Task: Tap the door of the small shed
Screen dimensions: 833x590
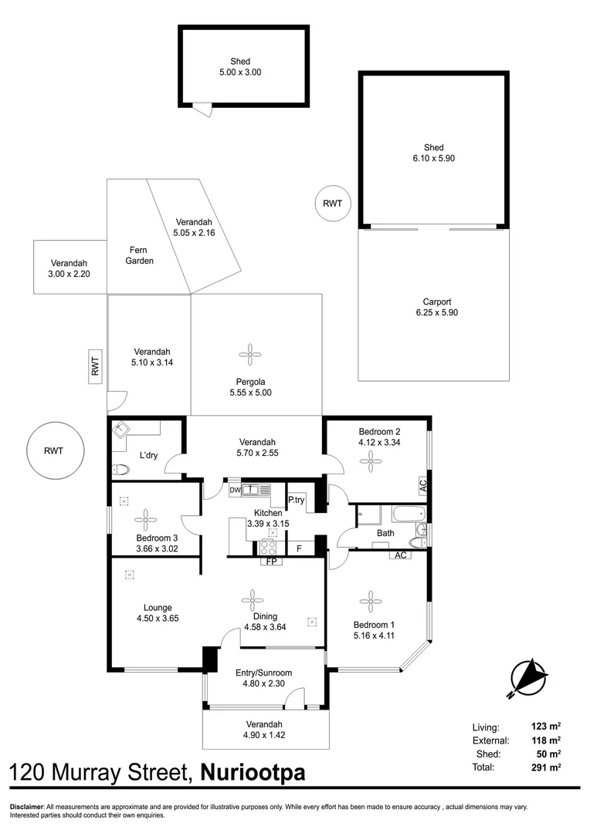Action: (x=203, y=110)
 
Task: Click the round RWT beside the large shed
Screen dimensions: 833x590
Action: (x=333, y=204)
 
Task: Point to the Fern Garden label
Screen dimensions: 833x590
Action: (x=140, y=255)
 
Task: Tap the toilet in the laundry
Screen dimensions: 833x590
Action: (x=120, y=469)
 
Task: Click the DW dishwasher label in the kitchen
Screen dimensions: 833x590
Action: (x=234, y=490)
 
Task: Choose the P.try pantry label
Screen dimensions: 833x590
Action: (x=296, y=500)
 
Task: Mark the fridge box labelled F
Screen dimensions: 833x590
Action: (x=300, y=548)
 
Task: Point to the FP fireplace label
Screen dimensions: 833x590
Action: (x=271, y=562)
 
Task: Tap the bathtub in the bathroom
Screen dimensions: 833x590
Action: (x=398, y=514)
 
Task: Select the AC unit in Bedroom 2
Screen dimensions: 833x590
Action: (x=422, y=486)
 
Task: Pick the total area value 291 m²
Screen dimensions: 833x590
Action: (x=548, y=767)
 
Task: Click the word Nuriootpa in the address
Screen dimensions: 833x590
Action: (x=253, y=773)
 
